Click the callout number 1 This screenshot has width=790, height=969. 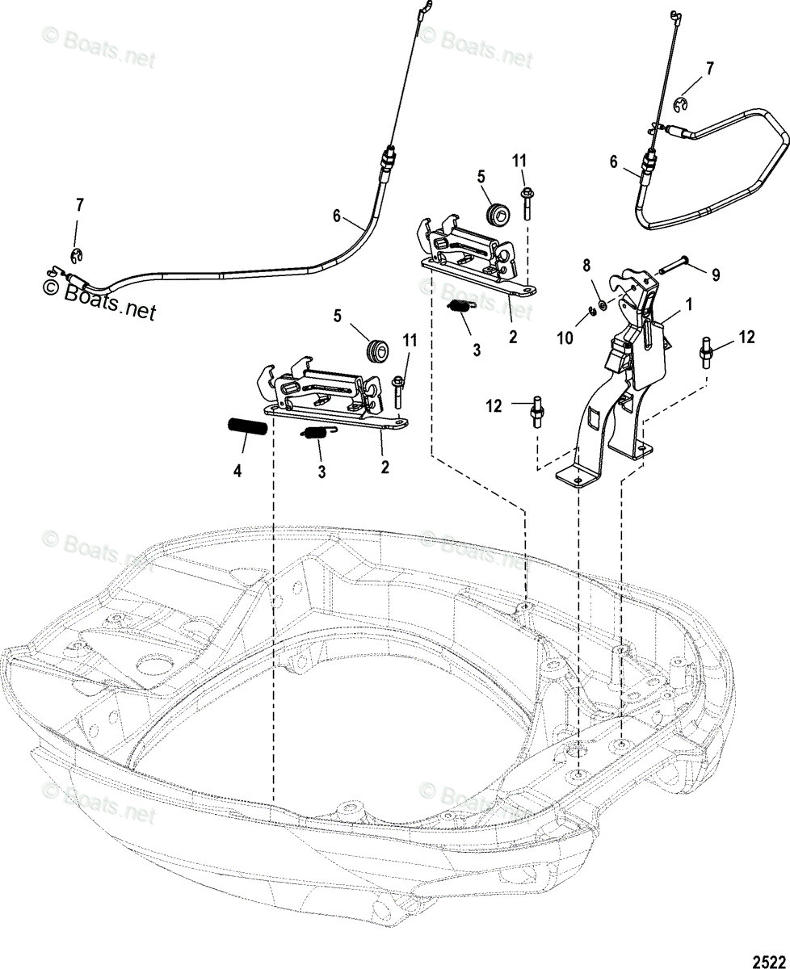coord(689,305)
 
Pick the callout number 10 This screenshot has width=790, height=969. coord(565,338)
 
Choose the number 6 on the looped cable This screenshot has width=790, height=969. coord(614,162)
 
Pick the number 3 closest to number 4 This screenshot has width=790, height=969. coord(321,472)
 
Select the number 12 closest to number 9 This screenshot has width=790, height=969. coord(746,337)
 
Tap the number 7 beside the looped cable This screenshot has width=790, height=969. coord(710,69)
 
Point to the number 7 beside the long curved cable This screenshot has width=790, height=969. coord(79,206)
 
